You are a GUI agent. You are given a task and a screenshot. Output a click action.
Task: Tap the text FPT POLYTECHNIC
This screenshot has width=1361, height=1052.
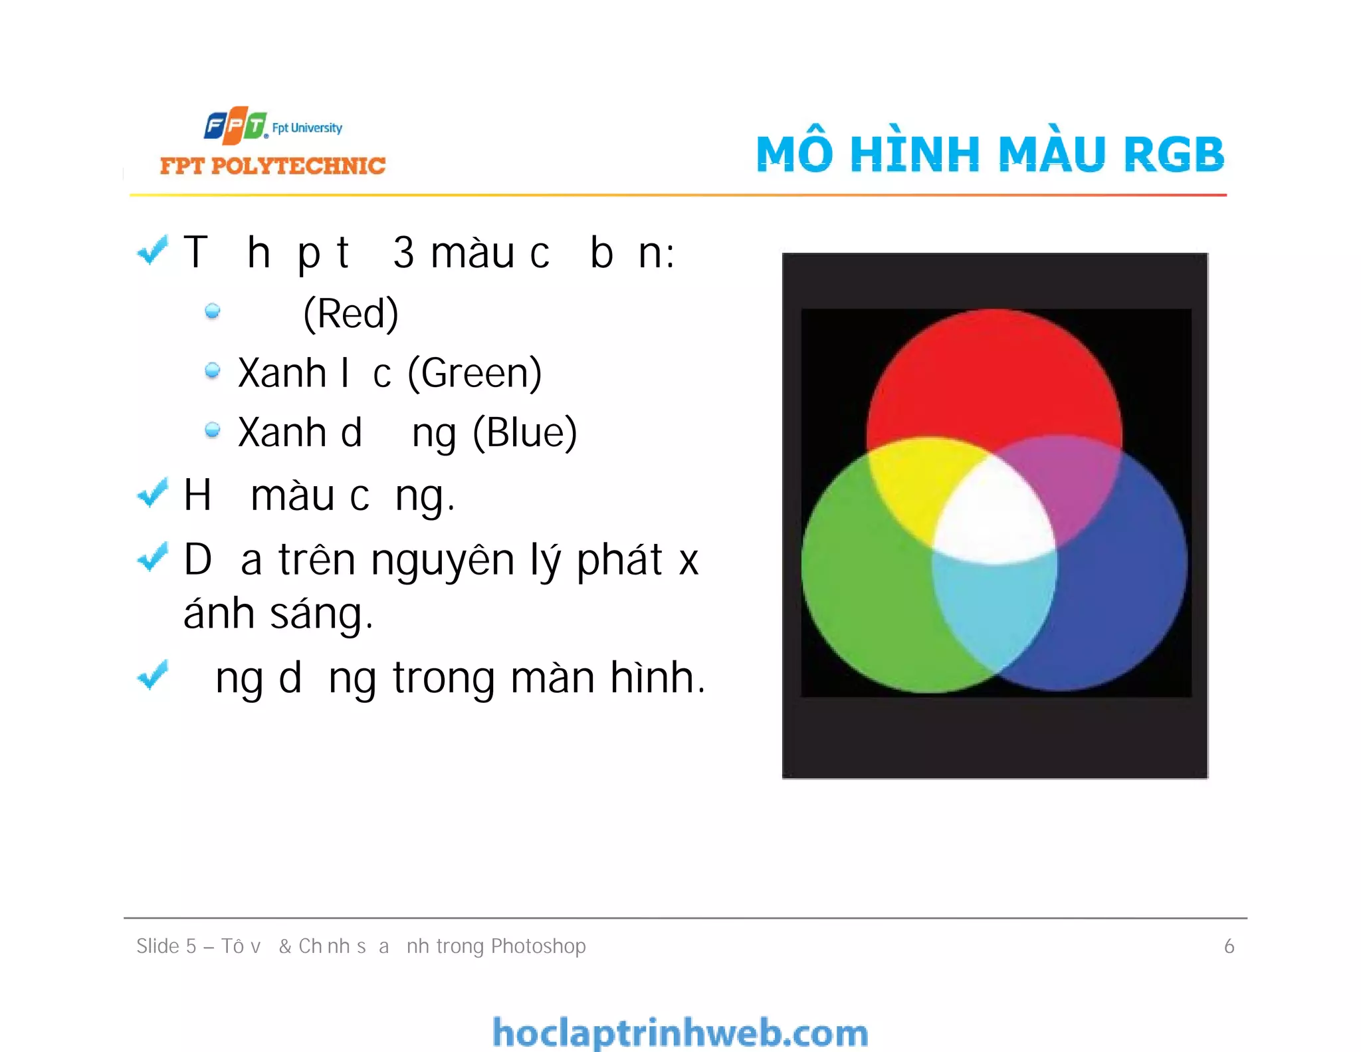coord(272,166)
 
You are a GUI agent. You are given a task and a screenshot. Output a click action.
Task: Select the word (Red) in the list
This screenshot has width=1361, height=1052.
coord(350,313)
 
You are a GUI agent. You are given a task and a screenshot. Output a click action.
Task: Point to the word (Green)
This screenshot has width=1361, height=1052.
coord(474,373)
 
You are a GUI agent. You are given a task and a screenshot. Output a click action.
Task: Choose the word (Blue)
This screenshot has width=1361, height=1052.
coord(524,433)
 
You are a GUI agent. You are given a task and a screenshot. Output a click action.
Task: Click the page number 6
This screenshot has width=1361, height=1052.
coord(1229,946)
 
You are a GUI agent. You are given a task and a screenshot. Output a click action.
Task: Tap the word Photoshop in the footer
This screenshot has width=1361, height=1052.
coord(538,946)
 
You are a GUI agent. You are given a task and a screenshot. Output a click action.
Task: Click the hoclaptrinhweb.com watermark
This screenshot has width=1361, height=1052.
coord(680,1033)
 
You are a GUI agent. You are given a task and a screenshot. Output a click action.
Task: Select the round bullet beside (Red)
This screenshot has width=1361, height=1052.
coord(213,311)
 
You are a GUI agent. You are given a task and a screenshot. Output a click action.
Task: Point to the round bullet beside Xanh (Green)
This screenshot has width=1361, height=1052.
coord(213,370)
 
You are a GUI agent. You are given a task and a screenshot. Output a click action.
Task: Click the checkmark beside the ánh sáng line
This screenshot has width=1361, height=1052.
coord(153,557)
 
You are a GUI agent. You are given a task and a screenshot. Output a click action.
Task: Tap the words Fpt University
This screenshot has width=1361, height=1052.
coord(307,128)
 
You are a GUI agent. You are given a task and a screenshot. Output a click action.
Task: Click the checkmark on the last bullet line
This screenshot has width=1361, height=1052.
coord(153,675)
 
